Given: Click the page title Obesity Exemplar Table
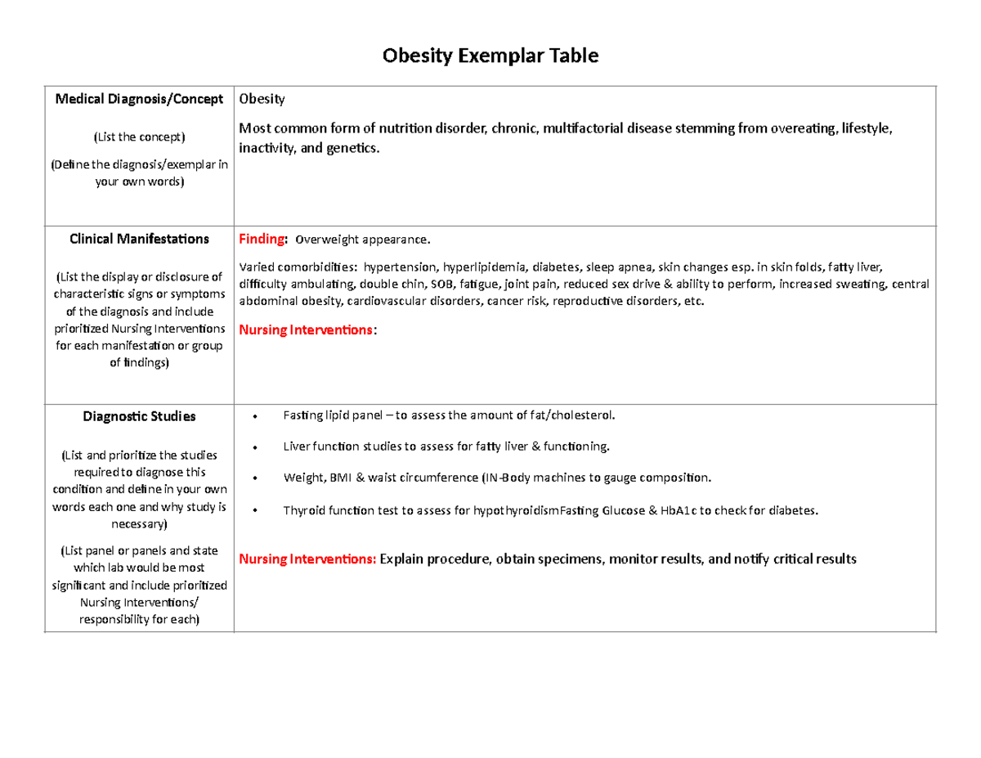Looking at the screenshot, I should (x=490, y=56).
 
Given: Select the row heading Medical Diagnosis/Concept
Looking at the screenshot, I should (x=139, y=99).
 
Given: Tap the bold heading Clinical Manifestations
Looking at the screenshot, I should (x=139, y=240).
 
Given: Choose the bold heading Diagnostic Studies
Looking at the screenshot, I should (x=139, y=416).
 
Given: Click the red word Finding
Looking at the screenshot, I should (x=262, y=240).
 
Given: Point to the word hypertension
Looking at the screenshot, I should (x=400, y=267).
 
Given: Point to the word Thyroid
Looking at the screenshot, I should (x=302, y=511).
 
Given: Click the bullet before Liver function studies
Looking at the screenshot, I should (x=256, y=448).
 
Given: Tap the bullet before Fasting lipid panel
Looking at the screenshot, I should (x=256, y=417).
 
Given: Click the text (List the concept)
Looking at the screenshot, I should (x=139, y=136).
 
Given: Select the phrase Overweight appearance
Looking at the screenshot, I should (x=361, y=240).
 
